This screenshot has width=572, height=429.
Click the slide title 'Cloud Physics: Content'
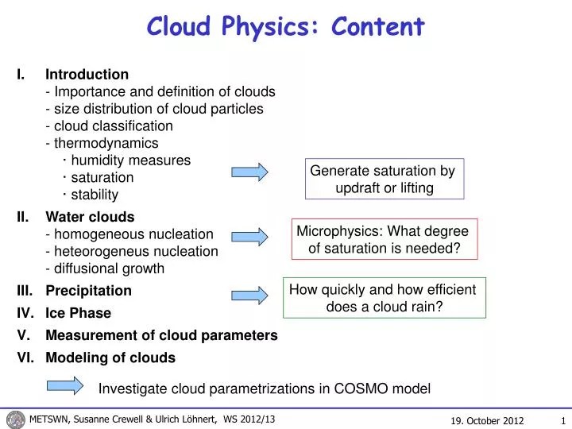(286, 27)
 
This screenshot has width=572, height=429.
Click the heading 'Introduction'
(87, 75)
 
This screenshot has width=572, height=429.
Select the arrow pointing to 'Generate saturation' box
(250, 171)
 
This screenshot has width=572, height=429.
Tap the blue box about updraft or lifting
(383, 180)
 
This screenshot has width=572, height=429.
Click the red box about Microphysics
(384, 239)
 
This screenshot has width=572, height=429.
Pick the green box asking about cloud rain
(384, 298)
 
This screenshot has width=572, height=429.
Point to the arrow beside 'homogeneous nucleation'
(250, 235)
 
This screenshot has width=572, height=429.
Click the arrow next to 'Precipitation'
(250, 295)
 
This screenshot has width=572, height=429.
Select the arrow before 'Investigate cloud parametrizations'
(64, 385)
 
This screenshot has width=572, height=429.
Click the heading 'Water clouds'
(90, 216)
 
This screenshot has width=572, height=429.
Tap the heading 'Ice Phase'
(78, 313)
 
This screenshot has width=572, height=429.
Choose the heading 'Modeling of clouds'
(110, 357)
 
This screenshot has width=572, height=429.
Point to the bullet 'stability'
(95, 195)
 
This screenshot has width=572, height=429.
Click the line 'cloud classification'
(113, 126)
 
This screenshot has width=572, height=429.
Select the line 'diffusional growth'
(109, 269)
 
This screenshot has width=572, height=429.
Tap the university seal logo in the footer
(15, 419)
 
